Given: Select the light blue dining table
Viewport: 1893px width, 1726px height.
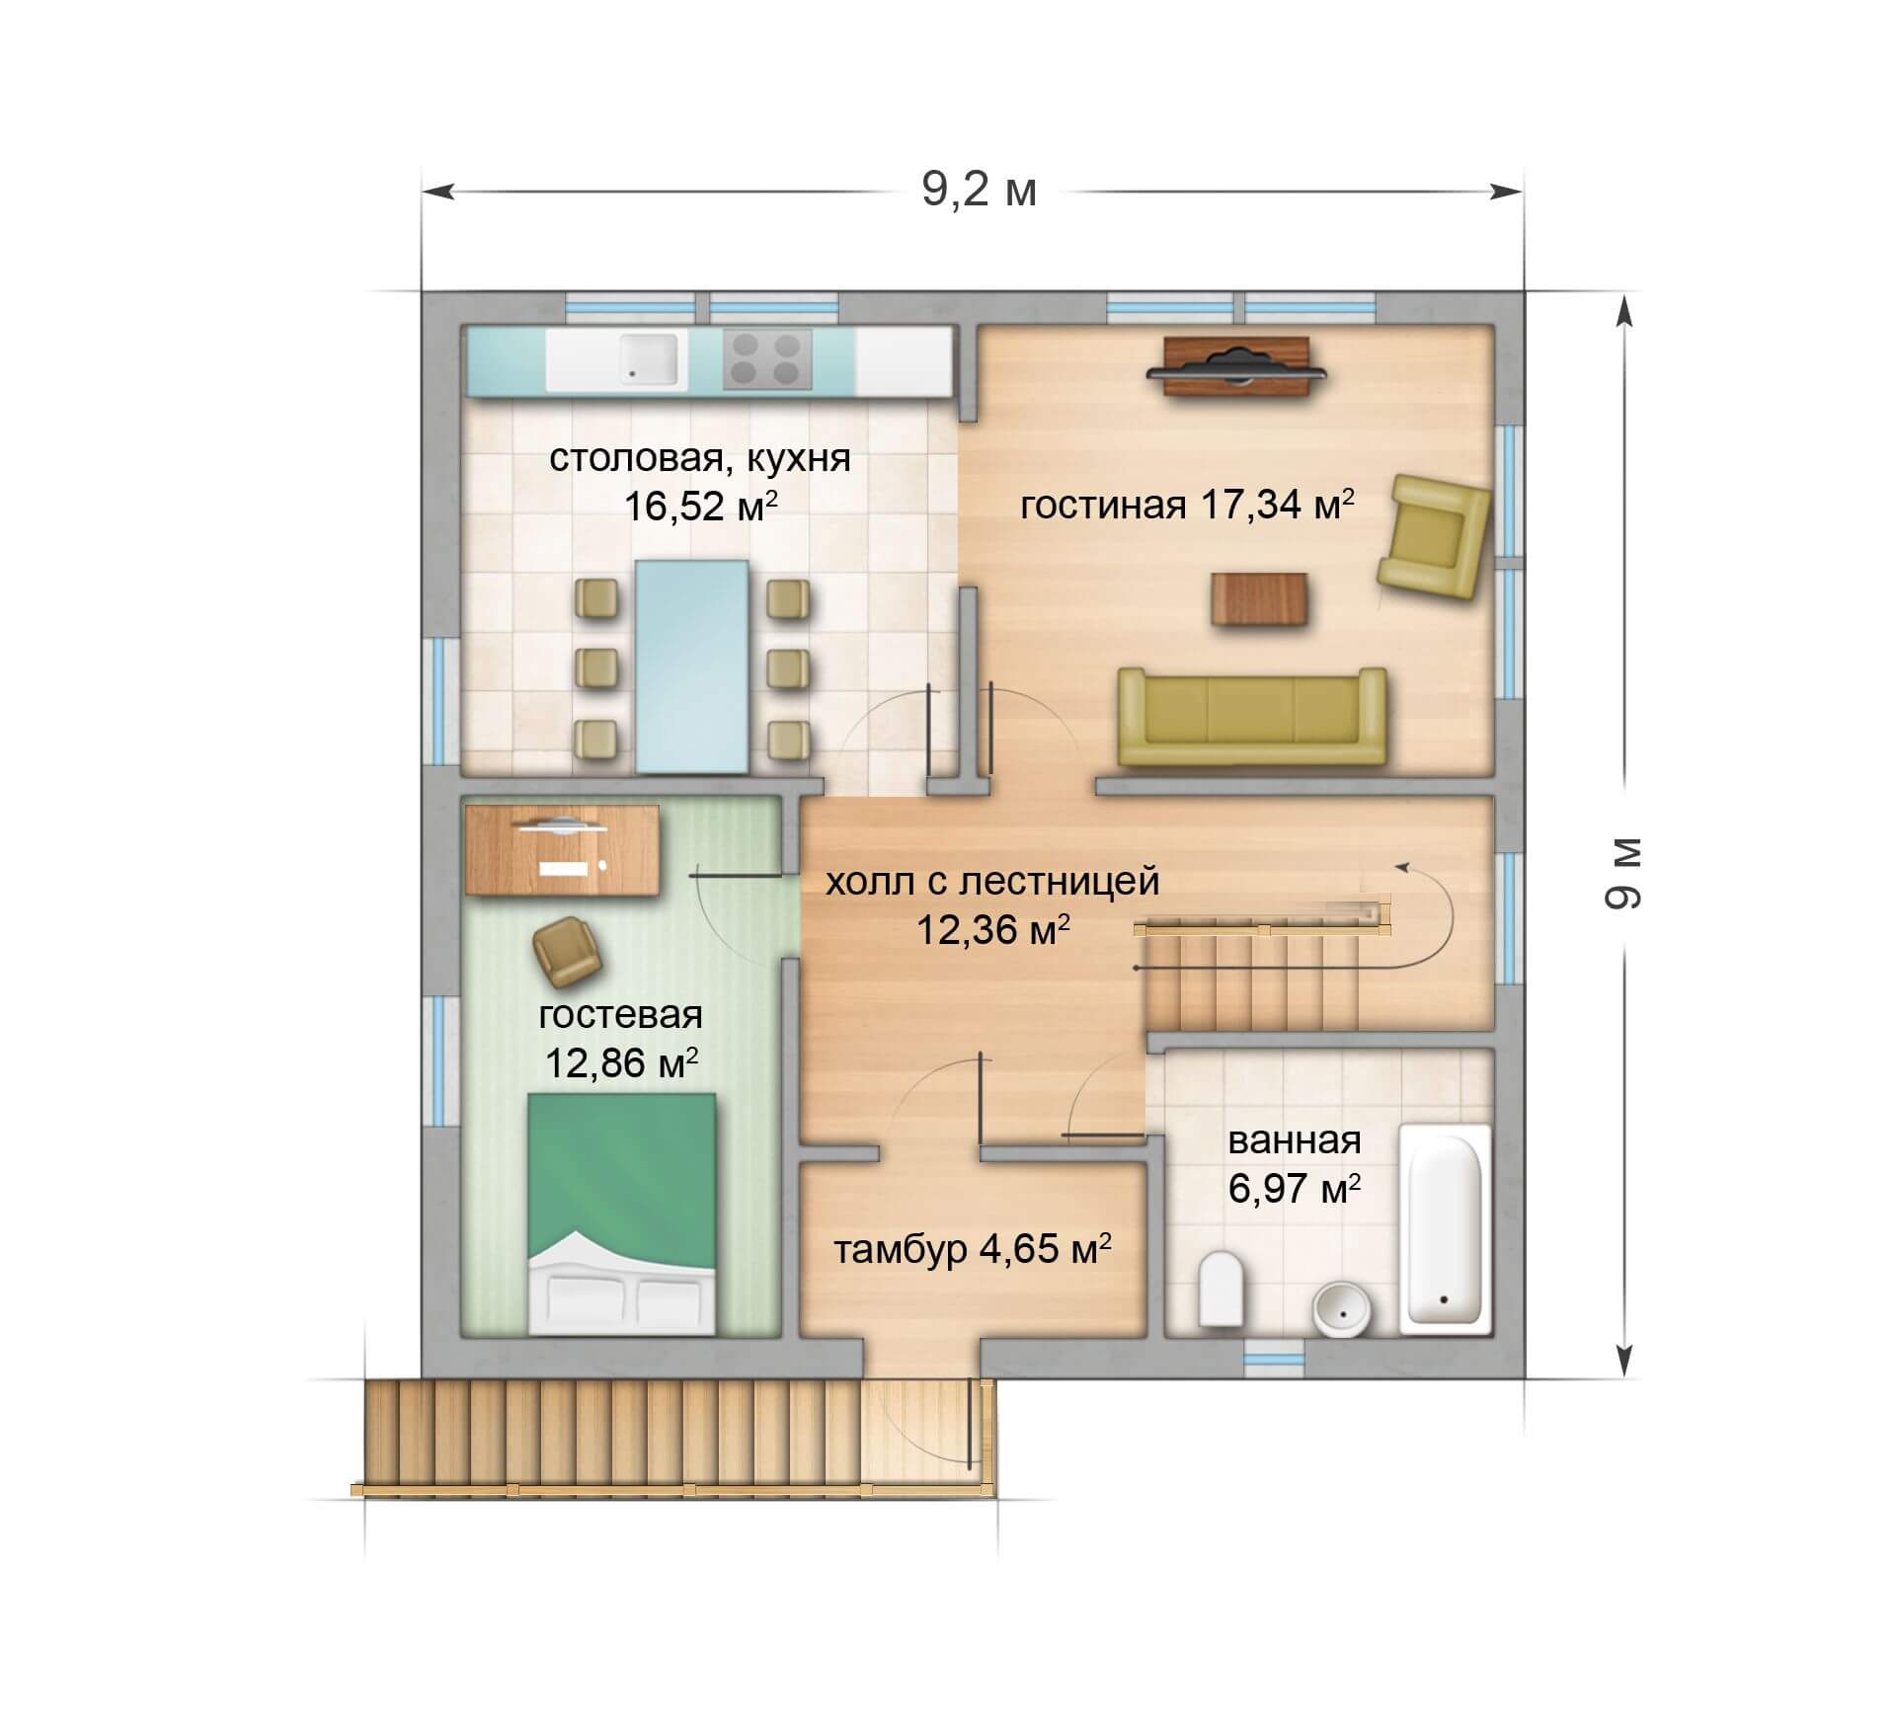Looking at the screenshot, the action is pyautogui.click(x=691, y=667).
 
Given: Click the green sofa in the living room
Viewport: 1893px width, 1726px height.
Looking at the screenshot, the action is pyautogui.click(x=1252, y=717).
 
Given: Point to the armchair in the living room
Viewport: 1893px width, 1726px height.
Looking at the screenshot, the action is pyautogui.click(x=1435, y=536).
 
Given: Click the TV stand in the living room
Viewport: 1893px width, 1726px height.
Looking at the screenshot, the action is pyautogui.click(x=1236, y=367).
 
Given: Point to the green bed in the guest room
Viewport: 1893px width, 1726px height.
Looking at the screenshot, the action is pyautogui.click(x=621, y=1215).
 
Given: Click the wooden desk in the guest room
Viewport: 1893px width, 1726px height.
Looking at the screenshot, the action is pyautogui.click(x=562, y=850).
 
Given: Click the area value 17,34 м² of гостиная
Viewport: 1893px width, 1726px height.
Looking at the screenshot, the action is pyautogui.click(x=1276, y=505).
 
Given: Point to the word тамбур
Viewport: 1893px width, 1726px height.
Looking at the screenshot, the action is pyautogui.click(x=900, y=1251).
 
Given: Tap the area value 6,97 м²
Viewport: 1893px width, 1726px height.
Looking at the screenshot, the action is pyautogui.click(x=1295, y=1188).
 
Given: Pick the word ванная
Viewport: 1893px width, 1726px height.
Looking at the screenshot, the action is pyautogui.click(x=1295, y=1140).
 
